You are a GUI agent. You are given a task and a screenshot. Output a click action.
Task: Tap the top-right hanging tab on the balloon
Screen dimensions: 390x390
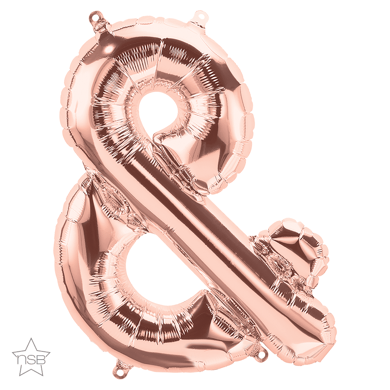[198, 18]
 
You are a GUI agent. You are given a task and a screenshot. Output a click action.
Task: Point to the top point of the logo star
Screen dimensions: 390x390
[31, 338]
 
